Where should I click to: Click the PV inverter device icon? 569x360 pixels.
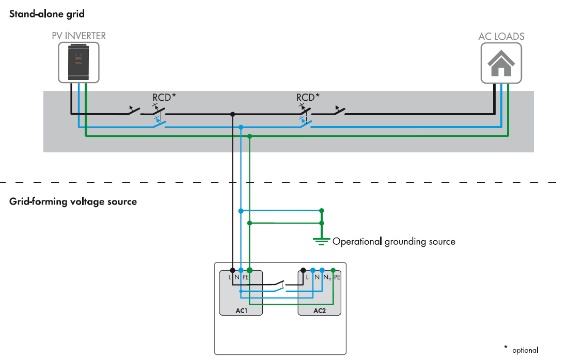(x=78, y=61)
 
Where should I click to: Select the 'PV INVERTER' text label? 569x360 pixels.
(x=78, y=36)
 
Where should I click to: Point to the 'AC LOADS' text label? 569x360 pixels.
(x=501, y=37)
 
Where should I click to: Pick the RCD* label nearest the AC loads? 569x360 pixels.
(x=308, y=97)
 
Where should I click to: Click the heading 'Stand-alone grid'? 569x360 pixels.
(x=46, y=14)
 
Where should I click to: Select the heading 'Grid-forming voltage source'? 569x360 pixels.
(x=73, y=201)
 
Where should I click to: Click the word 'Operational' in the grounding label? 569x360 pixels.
(x=357, y=241)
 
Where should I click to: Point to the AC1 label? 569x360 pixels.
(x=241, y=310)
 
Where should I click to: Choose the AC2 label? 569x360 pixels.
(x=320, y=310)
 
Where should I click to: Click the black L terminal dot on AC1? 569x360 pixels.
(x=233, y=270)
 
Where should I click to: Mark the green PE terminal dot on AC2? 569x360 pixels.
(x=333, y=270)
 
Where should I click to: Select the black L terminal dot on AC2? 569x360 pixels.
(x=303, y=270)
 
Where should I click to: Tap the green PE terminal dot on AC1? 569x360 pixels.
(x=249, y=270)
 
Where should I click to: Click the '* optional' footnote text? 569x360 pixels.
(x=521, y=349)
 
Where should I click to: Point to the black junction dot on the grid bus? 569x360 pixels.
(x=233, y=114)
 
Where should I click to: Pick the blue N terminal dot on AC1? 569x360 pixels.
(x=241, y=270)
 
